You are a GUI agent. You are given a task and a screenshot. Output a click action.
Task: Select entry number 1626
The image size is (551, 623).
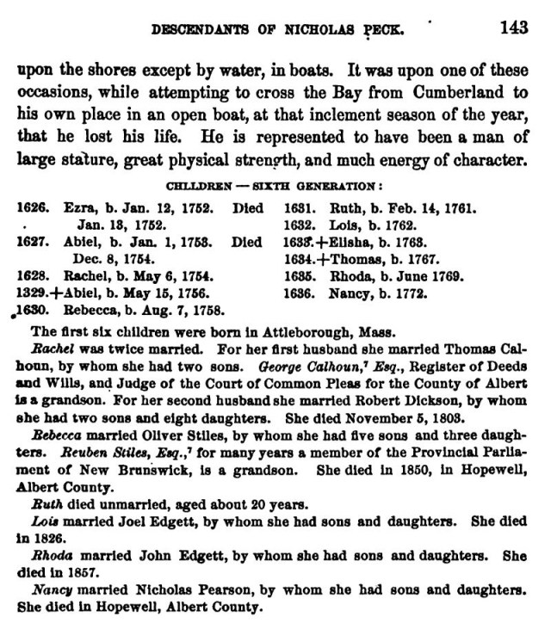click(x=32, y=207)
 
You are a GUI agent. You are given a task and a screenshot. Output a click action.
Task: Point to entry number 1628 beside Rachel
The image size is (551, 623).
click(x=32, y=275)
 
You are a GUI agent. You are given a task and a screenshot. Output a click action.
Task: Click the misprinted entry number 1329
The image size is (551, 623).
click(x=32, y=293)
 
